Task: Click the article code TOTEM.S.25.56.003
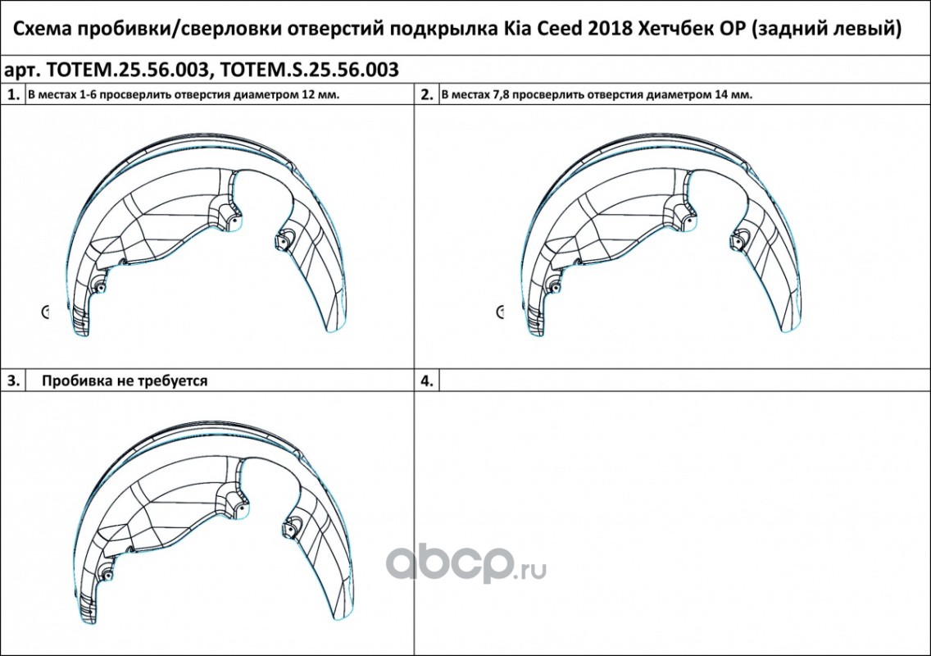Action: click(x=309, y=70)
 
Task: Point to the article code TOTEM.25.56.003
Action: click(x=127, y=70)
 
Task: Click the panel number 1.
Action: click(x=13, y=94)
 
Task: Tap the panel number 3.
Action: click(x=13, y=380)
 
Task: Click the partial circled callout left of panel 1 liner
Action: click(x=45, y=312)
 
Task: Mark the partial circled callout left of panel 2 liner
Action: click(x=499, y=312)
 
